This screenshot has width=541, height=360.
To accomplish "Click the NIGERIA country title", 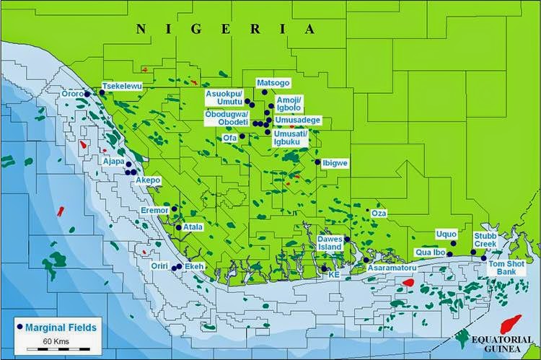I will coord(227,29).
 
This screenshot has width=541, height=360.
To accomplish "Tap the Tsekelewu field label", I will coord(122,86).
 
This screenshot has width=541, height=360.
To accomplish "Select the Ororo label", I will coord(72,94).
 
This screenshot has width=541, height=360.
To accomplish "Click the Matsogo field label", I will coord(273,83).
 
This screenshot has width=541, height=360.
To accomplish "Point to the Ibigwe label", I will coord(335,163).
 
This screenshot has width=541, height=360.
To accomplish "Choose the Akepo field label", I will coord(148,180).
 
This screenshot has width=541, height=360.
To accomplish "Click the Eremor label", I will coord(154,210).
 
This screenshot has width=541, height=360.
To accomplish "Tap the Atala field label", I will coord(193,226).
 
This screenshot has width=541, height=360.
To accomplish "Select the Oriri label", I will coord(159,266).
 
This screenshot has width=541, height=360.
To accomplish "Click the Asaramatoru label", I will coord(390,267).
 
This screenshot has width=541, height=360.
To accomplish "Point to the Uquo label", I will coord(447,234).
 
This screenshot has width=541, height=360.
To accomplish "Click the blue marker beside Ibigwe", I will coord(317,162).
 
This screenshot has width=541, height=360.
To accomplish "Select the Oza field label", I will coord(378,214).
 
